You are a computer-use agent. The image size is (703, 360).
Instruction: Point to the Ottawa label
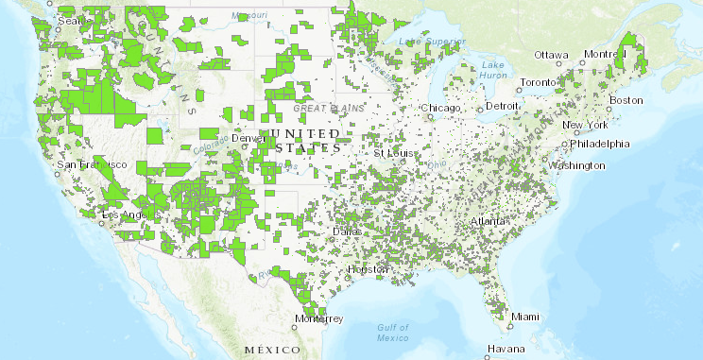[552, 55]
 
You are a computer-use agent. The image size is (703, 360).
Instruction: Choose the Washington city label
[574, 165]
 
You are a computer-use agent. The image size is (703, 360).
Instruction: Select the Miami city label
[523, 317]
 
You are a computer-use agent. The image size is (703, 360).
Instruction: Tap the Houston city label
[367, 269]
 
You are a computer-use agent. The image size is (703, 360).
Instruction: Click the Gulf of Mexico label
[389, 333]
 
